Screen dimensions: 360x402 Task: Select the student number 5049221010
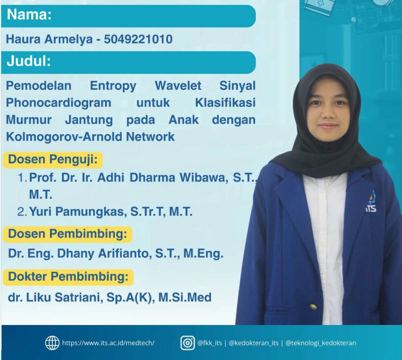(138, 39)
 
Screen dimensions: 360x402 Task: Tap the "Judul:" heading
(29, 61)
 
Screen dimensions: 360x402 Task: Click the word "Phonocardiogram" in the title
(58, 103)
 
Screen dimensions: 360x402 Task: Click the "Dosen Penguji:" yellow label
(53, 160)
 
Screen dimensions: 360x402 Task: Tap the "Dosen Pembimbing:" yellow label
(68, 234)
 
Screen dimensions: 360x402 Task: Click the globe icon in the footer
(52, 343)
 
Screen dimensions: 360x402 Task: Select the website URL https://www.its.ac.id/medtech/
(108, 343)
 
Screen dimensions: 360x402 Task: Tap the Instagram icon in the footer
(188, 343)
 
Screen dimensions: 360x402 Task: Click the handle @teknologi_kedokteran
(321, 343)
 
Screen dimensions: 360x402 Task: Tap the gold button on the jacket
(313, 307)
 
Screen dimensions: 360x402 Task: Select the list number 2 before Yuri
(22, 212)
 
